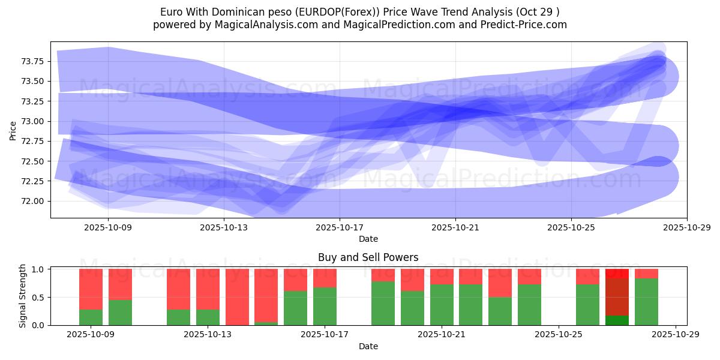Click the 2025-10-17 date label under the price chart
(340, 228)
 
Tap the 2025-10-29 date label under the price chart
(686, 228)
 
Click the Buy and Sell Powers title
(368, 257)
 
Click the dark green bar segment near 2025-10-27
(617, 320)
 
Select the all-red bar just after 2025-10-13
(237, 297)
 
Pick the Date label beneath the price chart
(368, 239)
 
